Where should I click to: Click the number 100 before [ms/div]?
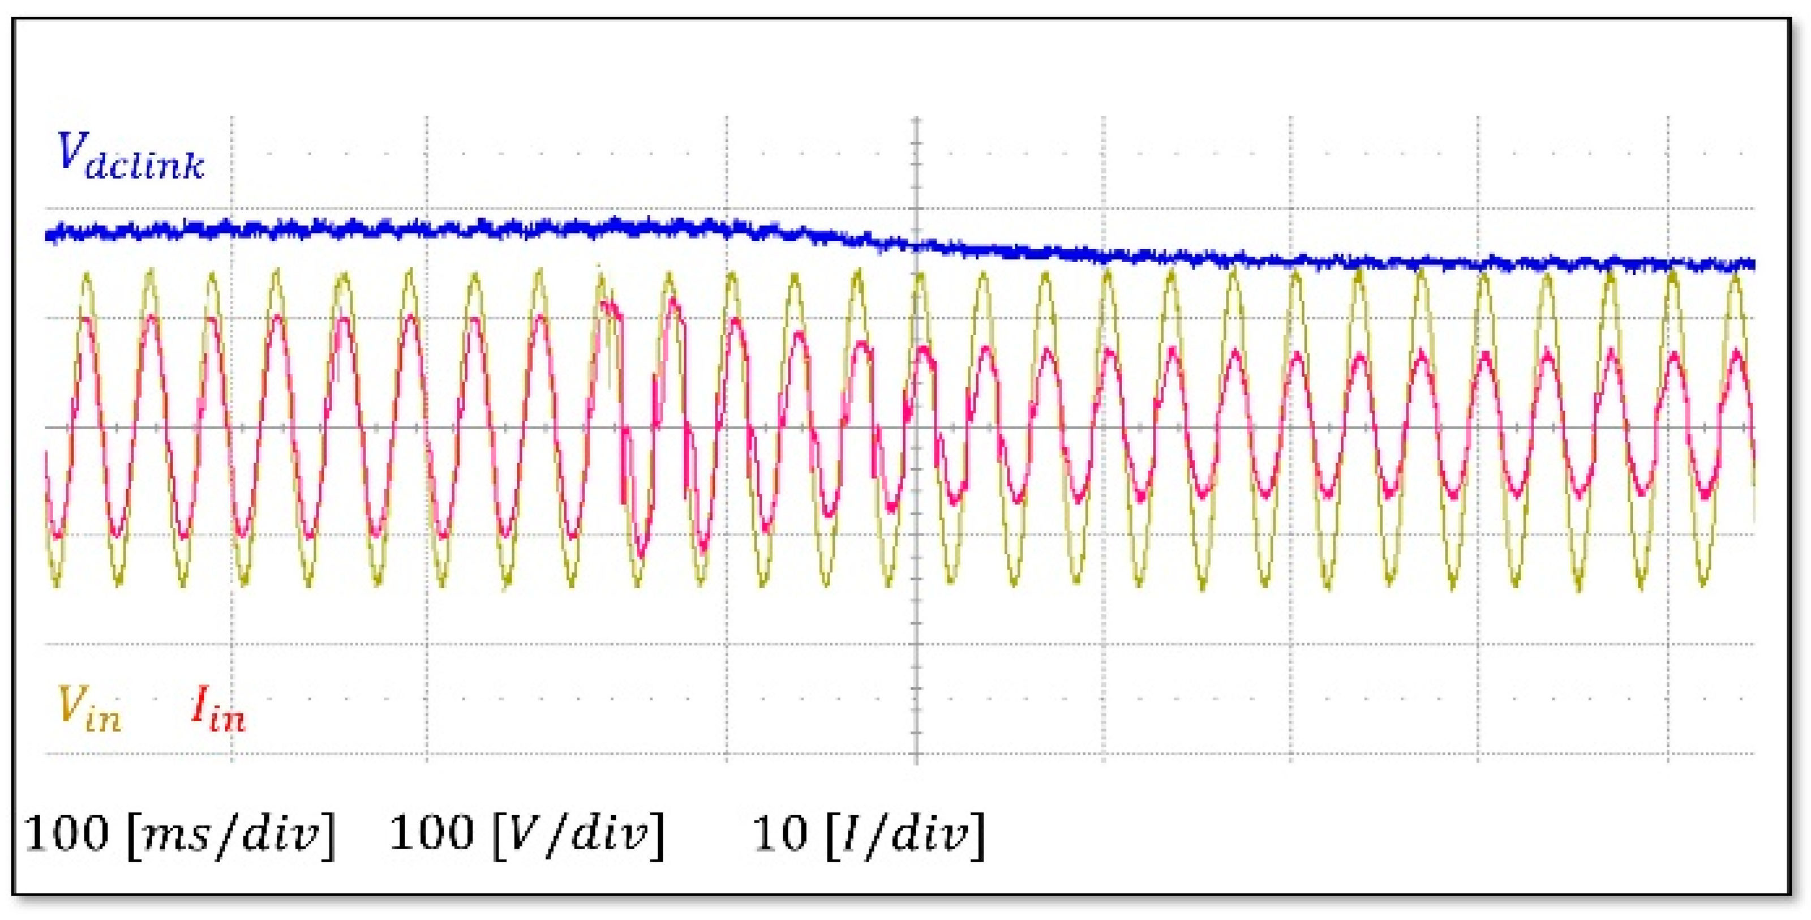(x=67, y=833)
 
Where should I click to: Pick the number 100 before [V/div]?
(x=432, y=833)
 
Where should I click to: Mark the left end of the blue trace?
(x=48, y=234)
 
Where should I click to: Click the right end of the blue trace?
(x=1753, y=264)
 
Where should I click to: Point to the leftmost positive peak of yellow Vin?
(x=87, y=275)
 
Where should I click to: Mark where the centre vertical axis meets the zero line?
(x=916, y=427)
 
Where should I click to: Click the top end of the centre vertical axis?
(x=916, y=119)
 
